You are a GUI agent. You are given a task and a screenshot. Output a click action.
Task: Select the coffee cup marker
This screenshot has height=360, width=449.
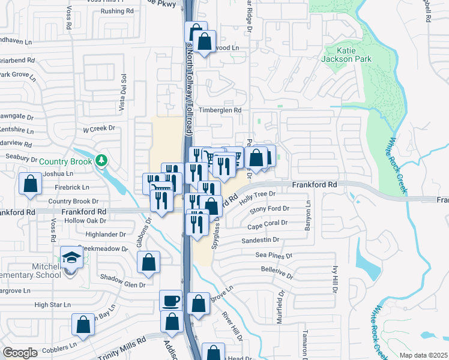point(170,299)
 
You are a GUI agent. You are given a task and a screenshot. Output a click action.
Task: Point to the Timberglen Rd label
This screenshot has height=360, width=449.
point(220,110)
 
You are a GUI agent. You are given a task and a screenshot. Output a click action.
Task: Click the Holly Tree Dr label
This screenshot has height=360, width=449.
point(256,194)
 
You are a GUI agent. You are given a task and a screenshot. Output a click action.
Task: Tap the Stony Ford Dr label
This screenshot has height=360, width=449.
point(270,209)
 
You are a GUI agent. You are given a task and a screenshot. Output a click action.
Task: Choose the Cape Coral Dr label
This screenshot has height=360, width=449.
point(268,223)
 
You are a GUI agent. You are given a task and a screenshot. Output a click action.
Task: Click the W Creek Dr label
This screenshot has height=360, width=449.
point(99,128)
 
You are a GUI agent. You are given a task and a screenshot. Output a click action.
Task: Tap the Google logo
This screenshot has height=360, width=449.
point(20,353)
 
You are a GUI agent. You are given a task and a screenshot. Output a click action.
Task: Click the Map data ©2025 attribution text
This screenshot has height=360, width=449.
point(423,355)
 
